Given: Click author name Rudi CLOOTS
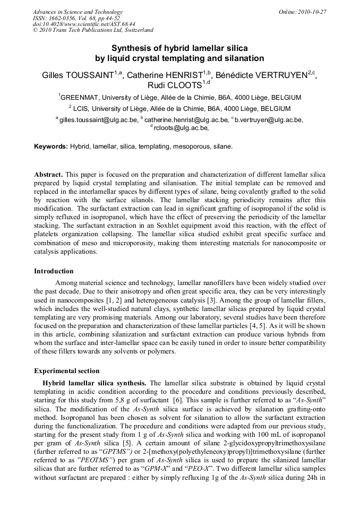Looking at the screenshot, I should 176,85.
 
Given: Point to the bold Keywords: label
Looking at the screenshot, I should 51,146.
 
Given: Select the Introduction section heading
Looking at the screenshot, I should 54,271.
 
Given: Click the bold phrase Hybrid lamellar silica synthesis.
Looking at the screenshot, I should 95,383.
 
